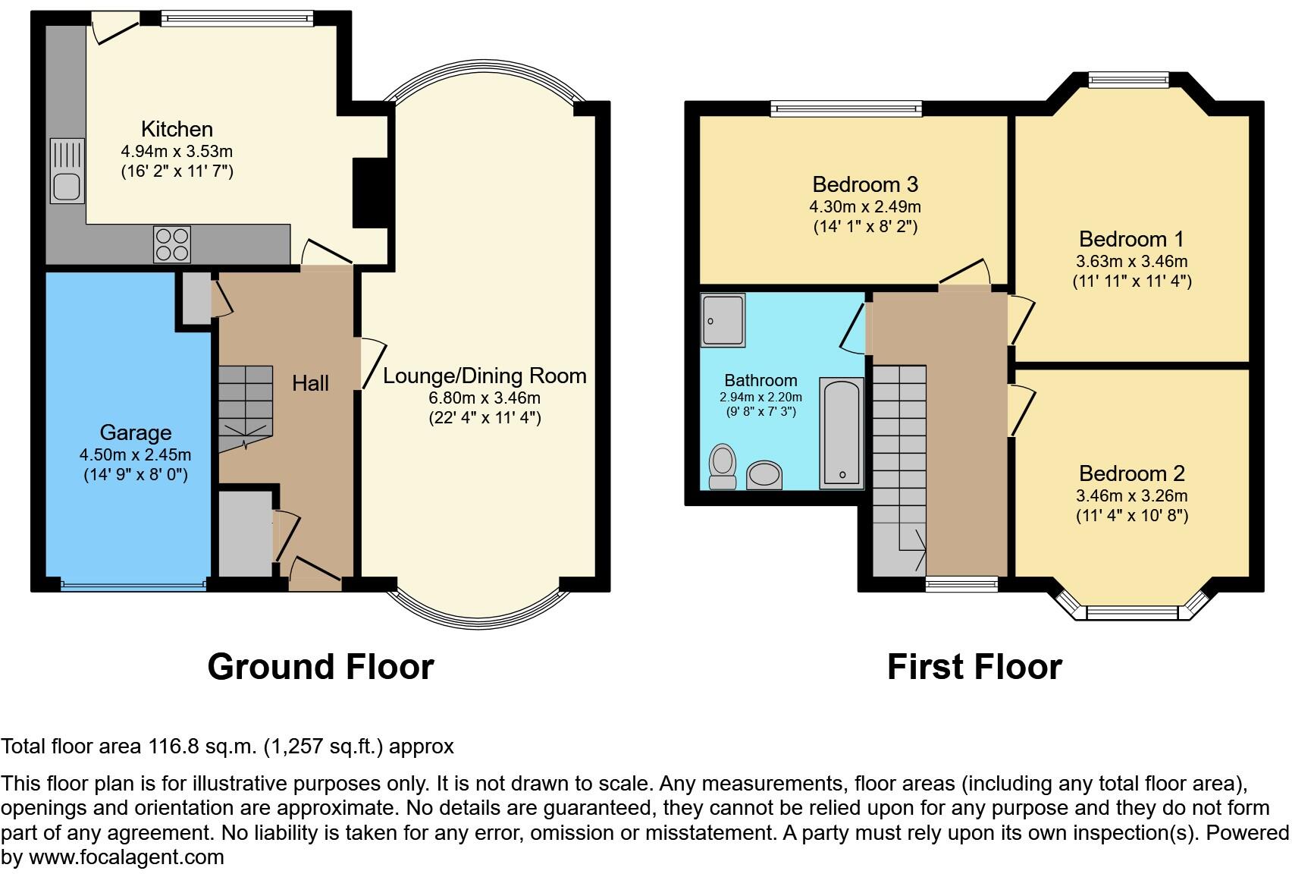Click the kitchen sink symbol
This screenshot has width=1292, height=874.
coord(67,171)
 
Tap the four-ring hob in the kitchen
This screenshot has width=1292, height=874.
coord(171,244)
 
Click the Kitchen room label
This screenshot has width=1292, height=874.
coord(177,129)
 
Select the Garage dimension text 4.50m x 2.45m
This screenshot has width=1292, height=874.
coord(135,455)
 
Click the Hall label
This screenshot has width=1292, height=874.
coord(310,383)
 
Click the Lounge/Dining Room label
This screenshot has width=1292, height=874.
coord(484,376)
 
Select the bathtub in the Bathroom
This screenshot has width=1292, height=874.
coord(842,432)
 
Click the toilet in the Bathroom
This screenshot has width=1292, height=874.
coord(723,466)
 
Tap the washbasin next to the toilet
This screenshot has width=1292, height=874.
coord(764,476)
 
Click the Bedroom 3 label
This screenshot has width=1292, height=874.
coord(865,184)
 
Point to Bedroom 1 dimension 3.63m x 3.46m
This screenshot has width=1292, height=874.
coord(1131,262)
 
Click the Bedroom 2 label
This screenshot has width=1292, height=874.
coord(1131,473)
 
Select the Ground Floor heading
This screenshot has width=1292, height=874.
coord(320,667)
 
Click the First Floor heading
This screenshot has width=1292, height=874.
coord(974,667)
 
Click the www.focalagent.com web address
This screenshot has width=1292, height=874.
coord(126,857)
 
